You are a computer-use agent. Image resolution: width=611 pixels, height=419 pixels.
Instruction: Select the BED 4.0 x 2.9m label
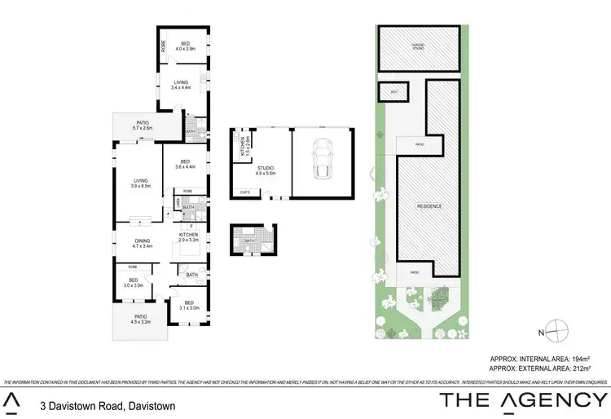click(185, 46)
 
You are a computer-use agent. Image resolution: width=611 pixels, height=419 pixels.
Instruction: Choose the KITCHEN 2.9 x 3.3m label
click(189, 237)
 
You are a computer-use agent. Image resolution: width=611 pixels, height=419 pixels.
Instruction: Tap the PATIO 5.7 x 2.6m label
click(143, 126)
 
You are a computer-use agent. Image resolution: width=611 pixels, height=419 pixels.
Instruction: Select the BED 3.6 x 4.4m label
click(185, 164)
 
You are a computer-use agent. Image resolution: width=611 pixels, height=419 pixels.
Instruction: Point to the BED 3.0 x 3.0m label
click(133, 284)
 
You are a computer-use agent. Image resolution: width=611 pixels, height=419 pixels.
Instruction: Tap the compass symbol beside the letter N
click(556, 331)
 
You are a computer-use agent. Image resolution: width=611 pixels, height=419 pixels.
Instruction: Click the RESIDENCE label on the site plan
click(429, 205)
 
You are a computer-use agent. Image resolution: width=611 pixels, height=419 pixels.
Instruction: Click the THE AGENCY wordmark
click(520, 400)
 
